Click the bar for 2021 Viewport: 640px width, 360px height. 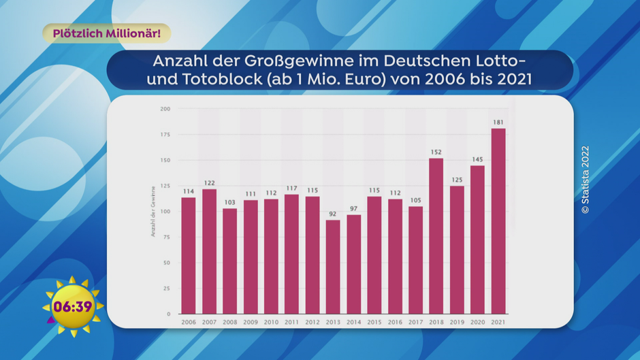498,221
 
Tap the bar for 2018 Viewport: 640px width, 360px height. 436,236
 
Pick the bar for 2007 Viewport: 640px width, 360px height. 209,251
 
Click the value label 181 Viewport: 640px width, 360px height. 498,122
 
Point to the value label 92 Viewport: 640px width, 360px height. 333,214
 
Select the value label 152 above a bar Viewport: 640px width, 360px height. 436,152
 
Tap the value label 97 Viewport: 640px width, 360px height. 353,209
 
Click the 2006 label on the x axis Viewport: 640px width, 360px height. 188,321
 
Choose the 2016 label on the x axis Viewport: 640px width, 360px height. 395,321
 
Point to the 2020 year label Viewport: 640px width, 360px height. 477,321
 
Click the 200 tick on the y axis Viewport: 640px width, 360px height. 165,109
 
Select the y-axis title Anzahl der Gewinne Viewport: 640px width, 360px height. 153,211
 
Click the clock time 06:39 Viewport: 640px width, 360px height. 72,307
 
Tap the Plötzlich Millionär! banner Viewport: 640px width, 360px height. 107,33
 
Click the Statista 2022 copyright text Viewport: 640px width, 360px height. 585,180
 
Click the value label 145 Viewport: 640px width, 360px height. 477,160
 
